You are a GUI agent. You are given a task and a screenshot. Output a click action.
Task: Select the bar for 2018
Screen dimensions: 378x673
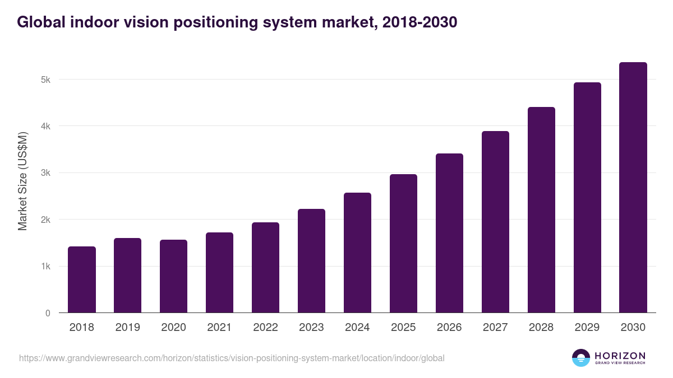pyautogui.click(x=82, y=279)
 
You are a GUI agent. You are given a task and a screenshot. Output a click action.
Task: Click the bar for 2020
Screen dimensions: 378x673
pyautogui.click(x=174, y=276)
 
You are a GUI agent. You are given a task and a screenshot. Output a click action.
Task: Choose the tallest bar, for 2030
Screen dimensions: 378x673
pyautogui.click(x=633, y=188)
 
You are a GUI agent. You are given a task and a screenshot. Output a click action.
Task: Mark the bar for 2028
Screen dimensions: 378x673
pyautogui.click(x=541, y=210)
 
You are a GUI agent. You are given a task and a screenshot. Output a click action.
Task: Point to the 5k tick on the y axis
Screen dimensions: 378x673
pyautogui.click(x=45, y=80)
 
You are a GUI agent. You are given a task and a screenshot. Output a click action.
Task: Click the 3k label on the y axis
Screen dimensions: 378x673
pyautogui.click(x=45, y=173)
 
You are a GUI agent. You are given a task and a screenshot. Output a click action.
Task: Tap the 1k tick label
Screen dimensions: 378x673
pyautogui.click(x=45, y=267)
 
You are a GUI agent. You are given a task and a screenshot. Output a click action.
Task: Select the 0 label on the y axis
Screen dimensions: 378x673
pyautogui.click(x=48, y=313)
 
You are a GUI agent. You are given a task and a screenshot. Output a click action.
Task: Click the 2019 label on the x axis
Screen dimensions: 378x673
pyautogui.click(x=127, y=328)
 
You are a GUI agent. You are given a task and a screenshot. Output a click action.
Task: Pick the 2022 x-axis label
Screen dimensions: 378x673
pyautogui.click(x=265, y=328)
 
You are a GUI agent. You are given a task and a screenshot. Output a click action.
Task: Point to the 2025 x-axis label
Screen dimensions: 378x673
pyautogui.click(x=403, y=328)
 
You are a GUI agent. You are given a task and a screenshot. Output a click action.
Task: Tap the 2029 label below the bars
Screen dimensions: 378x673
pyautogui.click(x=587, y=328)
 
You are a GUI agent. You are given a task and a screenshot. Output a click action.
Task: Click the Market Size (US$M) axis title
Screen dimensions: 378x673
pyautogui.click(x=23, y=181)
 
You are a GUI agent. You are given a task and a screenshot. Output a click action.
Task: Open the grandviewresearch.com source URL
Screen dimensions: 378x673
pyautogui.click(x=232, y=358)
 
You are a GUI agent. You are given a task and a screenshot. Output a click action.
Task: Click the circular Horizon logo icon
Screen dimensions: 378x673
pyautogui.click(x=581, y=358)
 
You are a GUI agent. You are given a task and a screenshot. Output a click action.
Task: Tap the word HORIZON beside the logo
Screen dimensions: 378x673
pyautogui.click(x=620, y=356)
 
